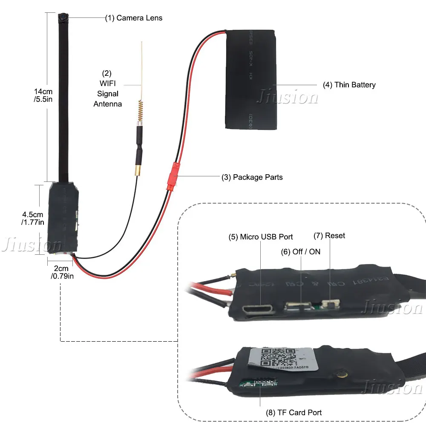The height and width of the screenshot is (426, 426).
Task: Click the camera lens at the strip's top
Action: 62,18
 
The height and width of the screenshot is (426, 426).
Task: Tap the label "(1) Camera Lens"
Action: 134,18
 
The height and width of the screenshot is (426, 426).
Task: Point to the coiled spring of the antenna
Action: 140,112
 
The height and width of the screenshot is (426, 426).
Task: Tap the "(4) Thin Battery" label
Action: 349,85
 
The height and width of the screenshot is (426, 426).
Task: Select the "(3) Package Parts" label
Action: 252,177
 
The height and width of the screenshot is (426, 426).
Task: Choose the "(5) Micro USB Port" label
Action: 261,236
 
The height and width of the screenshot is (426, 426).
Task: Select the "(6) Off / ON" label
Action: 300,252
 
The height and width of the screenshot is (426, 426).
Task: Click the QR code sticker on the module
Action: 277,357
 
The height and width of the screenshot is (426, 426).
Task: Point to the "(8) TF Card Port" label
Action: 294,412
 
